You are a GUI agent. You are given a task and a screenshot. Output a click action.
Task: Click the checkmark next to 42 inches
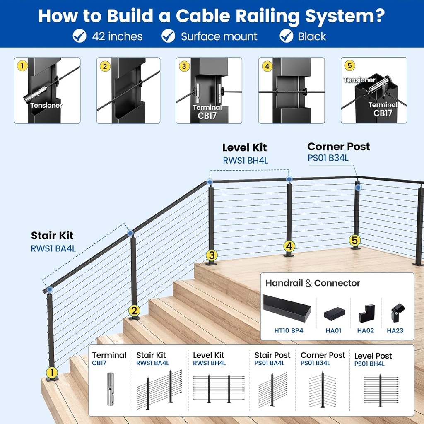79,36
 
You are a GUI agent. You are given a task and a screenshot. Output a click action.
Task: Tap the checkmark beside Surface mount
168,36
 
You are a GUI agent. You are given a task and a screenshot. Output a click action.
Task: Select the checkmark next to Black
286,36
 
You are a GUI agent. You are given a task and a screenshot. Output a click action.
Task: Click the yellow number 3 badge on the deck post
212,255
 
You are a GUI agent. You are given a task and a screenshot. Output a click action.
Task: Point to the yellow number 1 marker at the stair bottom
52,373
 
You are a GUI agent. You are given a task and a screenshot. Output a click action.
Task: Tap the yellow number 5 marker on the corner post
354,240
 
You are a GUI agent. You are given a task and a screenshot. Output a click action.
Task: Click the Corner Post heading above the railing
338,147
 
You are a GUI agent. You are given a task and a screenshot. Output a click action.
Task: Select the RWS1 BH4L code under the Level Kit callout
245,160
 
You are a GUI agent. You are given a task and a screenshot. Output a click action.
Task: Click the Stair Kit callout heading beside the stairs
52,236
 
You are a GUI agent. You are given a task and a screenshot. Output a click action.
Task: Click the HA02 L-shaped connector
366,313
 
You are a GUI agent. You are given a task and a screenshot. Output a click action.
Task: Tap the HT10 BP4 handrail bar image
287,308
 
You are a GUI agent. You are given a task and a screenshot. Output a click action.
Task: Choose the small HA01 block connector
335,314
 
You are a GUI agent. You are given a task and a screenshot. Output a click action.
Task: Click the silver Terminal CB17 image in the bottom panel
110,389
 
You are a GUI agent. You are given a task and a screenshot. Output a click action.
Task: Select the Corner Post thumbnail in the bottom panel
323,389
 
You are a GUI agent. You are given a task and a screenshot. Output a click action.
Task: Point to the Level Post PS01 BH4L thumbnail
380,390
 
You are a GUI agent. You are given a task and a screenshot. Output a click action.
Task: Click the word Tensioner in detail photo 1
46,106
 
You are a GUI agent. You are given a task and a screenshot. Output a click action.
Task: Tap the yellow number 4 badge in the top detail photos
267,66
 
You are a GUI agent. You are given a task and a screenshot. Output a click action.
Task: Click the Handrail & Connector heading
313,283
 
